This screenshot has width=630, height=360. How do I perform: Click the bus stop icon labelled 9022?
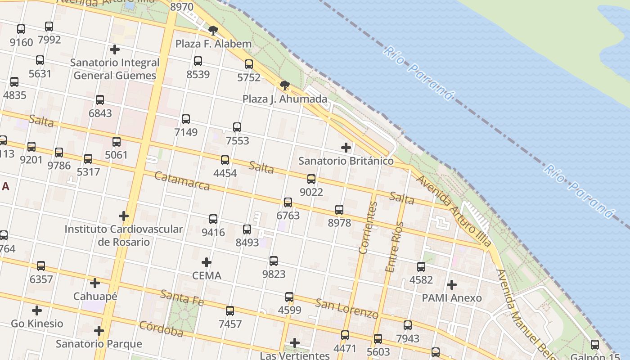(x=311, y=179)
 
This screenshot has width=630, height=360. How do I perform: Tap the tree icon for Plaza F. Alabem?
(x=213, y=31)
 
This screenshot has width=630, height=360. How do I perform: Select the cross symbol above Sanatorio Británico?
(x=346, y=148)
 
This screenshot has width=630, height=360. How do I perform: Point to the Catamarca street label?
(x=182, y=180)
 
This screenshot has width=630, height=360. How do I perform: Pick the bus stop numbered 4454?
(x=225, y=160)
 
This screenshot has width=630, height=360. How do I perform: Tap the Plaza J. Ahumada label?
(x=285, y=99)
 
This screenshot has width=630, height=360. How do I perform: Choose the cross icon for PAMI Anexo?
(x=451, y=285)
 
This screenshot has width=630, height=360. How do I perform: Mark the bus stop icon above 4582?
(x=421, y=267)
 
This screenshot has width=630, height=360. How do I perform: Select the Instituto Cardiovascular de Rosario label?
(x=124, y=235)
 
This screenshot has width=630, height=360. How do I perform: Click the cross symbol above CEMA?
(x=207, y=262)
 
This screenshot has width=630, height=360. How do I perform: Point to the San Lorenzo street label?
(x=346, y=308)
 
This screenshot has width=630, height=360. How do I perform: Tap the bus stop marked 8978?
(x=339, y=210)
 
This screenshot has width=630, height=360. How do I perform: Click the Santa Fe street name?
(x=182, y=298)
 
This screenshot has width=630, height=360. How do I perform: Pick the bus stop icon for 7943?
(x=407, y=325)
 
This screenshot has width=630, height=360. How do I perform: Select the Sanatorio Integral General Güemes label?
(x=115, y=69)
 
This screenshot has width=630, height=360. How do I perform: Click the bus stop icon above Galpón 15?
(x=594, y=345)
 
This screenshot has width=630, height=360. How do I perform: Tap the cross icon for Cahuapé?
(x=95, y=283)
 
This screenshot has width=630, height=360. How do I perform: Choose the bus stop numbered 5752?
(x=249, y=64)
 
